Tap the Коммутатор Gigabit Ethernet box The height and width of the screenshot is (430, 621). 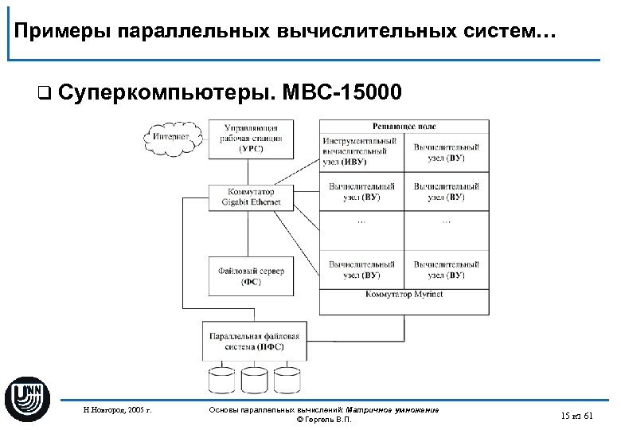[x=251, y=197]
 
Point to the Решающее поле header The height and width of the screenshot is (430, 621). [x=404, y=127]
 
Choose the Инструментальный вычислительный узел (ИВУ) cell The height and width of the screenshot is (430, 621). [x=361, y=151]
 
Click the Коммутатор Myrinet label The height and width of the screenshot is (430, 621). [x=404, y=295]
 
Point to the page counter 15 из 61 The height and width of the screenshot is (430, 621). [x=576, y=416]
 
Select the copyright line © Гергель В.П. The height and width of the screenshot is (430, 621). [x=322, y=420]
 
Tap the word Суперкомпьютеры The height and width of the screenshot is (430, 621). [x=165, y=93]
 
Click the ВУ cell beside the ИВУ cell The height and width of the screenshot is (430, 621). [x=446, y=152]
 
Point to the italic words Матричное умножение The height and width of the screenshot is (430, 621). [x=399, y=409]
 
